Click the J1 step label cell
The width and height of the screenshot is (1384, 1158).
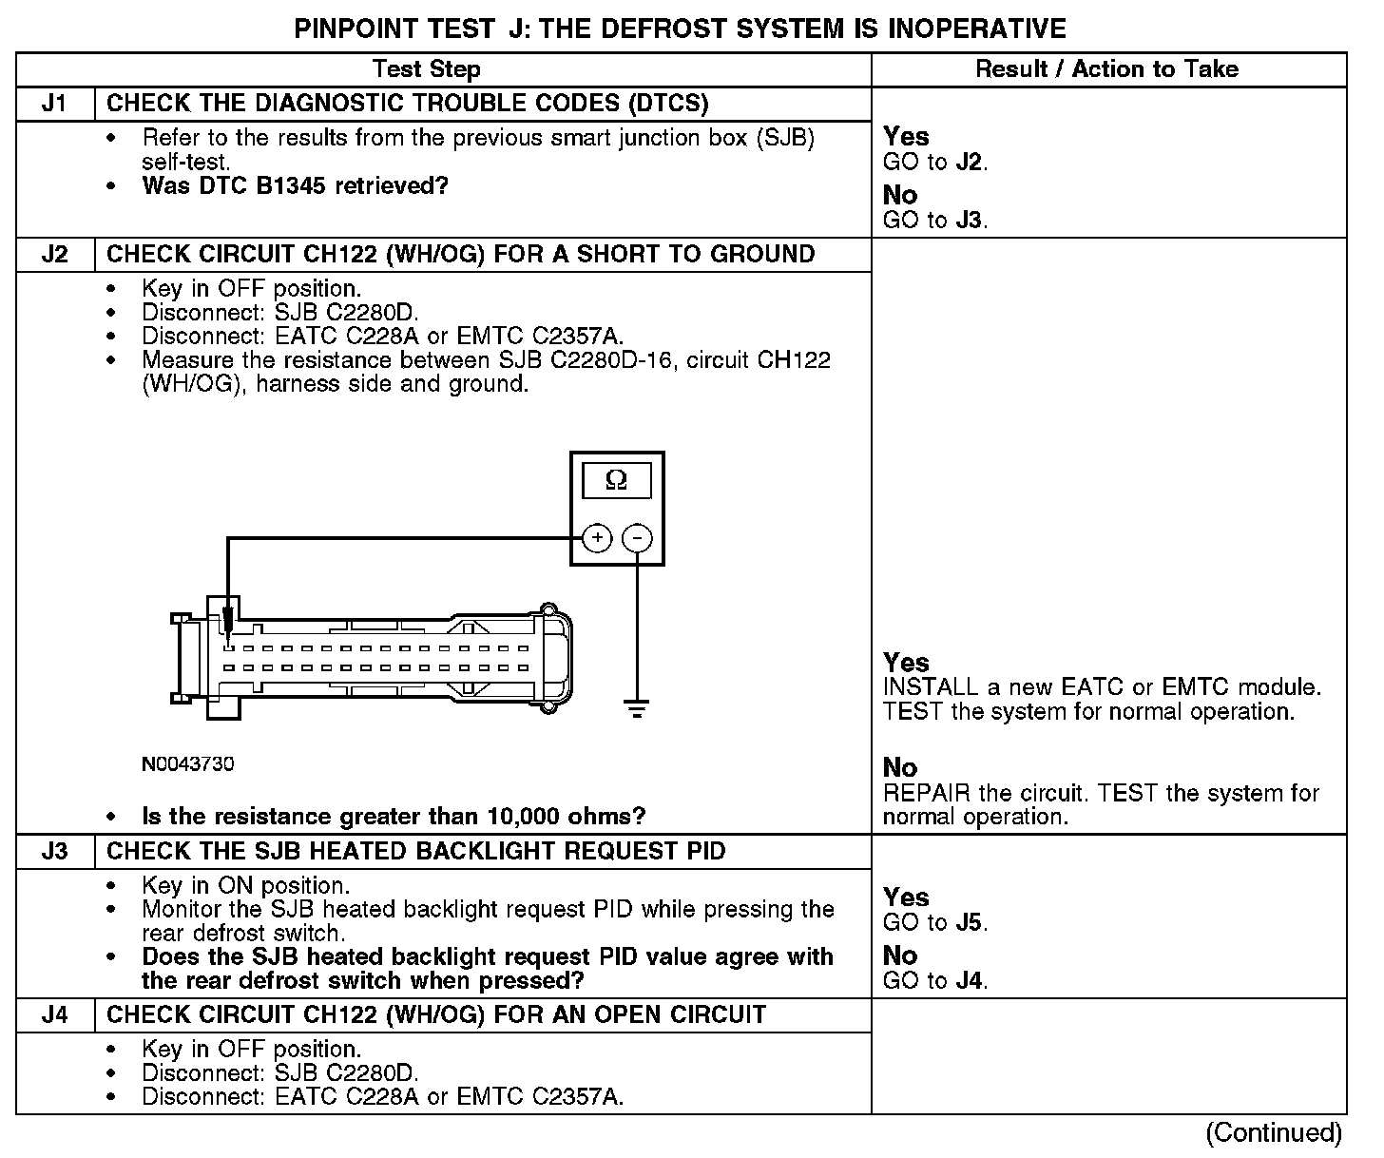55,104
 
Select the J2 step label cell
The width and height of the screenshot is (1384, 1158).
55,255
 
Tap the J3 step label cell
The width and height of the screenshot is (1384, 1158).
55,851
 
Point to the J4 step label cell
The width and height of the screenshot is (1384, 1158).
55,1014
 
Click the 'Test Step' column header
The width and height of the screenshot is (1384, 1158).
427,69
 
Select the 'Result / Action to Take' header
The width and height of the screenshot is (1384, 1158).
1107,69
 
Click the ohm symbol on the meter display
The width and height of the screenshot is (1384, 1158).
616,481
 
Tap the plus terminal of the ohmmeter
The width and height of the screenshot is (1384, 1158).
597,538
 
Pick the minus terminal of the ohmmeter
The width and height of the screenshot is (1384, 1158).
637,538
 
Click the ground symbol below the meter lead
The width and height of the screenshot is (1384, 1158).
637,709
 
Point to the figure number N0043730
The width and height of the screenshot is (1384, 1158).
188,764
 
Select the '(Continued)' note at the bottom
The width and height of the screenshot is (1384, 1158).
1274,1133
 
